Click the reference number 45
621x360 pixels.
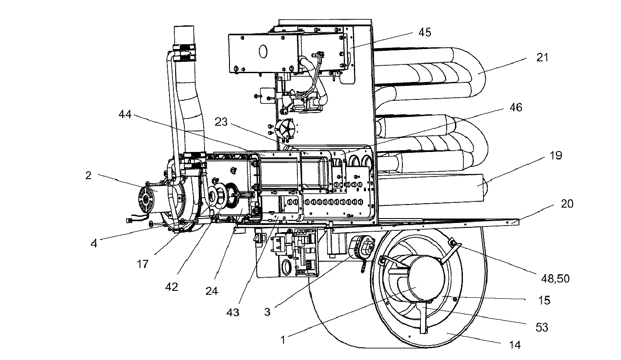coord(424,32)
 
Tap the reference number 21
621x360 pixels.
coord(542,58)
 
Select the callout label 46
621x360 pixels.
coord(516,107)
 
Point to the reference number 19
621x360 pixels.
coord(555,156)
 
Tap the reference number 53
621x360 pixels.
coord(542,328)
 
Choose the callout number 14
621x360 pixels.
coord(515,345)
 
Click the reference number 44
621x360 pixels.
coord(127,115)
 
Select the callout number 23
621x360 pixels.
coord(221,122)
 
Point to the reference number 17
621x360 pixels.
coord(143,264)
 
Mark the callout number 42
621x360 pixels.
coord(171,287)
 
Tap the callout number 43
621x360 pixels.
coord(233,312)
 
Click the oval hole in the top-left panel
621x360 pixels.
coord(262,51)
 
